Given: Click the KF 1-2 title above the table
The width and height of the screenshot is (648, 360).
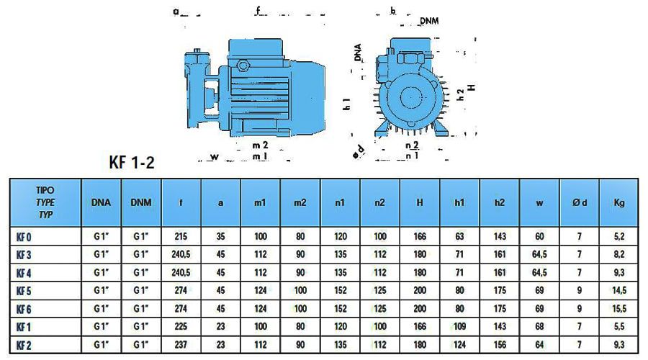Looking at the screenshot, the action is click(132, 162).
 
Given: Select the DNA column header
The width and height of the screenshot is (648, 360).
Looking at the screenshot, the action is click(101, 202).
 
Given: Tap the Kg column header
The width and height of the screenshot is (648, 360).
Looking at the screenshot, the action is click(619, 202).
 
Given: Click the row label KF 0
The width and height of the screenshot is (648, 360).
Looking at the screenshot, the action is click(24, 237).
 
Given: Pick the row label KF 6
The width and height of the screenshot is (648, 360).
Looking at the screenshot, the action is click(24, 309).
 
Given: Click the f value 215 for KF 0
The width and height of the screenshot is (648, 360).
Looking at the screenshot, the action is click(181, 236).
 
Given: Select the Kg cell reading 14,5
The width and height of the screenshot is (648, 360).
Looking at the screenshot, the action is click(619, 291).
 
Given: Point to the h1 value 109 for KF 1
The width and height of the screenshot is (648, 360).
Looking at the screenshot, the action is click(459, 327).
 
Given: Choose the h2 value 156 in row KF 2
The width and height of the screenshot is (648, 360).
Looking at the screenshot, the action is click(500, 345).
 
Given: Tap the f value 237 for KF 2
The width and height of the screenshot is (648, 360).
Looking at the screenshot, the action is click(181, 345).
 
